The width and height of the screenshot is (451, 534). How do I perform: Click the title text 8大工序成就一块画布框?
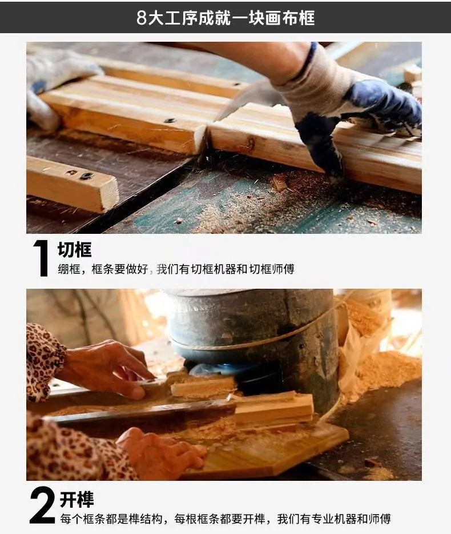point(226,18)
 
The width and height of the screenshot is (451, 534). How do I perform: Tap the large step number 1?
point(42,258)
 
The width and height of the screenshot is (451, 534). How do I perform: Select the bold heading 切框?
point(74,250)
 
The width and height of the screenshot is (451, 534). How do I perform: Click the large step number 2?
point(42,505)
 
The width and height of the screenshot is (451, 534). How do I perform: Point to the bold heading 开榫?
point(76,500)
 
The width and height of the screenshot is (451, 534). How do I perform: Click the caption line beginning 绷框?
point(176,269)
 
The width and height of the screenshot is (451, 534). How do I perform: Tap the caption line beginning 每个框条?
point(226,519)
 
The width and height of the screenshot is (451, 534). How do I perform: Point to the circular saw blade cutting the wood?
point(245,99)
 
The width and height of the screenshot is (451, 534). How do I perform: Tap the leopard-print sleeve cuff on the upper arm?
point(45,361)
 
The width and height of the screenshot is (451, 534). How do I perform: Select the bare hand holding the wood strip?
point(109,368)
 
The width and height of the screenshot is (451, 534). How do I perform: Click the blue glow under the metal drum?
point(221,369)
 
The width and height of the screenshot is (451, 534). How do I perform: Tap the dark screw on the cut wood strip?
point(170,120)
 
